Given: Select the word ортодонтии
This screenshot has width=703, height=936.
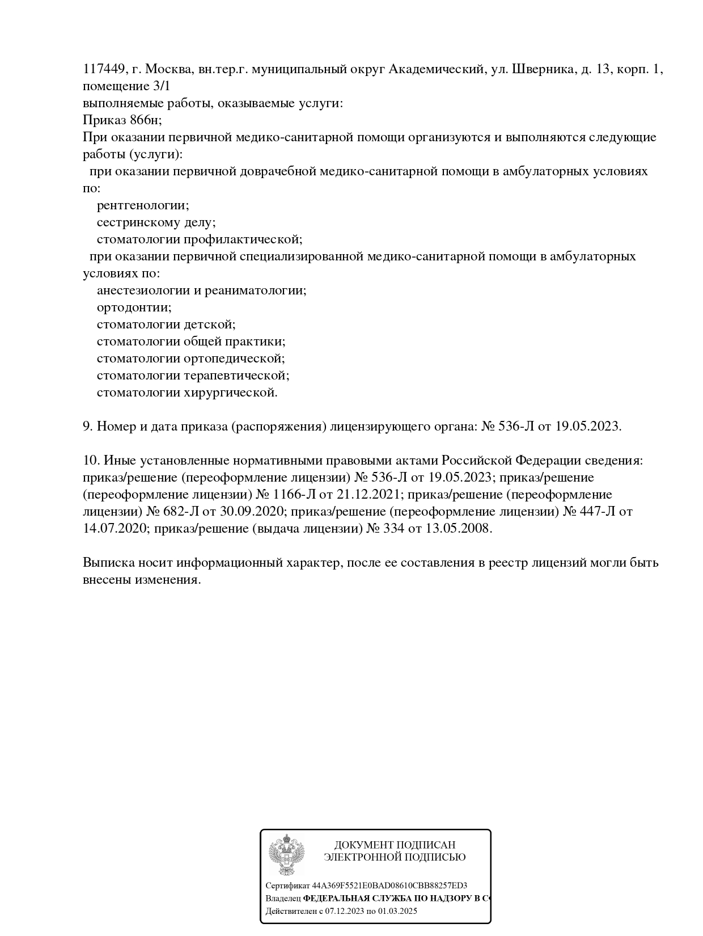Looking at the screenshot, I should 134,307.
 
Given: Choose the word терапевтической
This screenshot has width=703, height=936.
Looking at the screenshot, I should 236,376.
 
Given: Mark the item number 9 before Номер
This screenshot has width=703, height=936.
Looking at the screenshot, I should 87,427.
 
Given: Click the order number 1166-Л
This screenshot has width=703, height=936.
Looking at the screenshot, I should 295,494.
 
